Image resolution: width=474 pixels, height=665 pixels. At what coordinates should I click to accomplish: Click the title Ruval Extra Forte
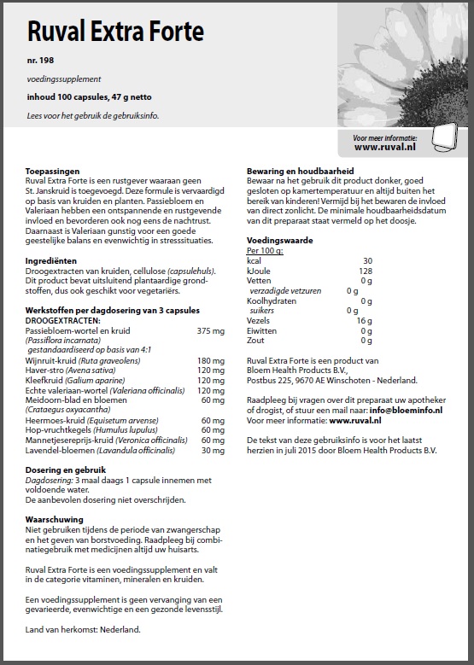point(115,32)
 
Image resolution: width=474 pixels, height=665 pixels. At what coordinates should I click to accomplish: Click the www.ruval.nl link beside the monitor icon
point(385,147)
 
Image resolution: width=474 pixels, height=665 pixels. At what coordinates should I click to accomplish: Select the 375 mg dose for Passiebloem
point(210,330)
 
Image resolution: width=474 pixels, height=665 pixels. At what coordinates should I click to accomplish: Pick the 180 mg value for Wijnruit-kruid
point(210,361)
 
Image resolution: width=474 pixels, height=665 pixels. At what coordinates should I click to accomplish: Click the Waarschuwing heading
point(54,518)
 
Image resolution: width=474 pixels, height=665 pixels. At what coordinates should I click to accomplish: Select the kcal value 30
point(367,260)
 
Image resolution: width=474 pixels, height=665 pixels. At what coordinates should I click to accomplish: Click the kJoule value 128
point(365,271)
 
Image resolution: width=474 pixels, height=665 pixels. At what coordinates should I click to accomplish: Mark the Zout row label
point(255,340)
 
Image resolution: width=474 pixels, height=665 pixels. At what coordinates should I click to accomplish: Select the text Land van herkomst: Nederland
point(83,629)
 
